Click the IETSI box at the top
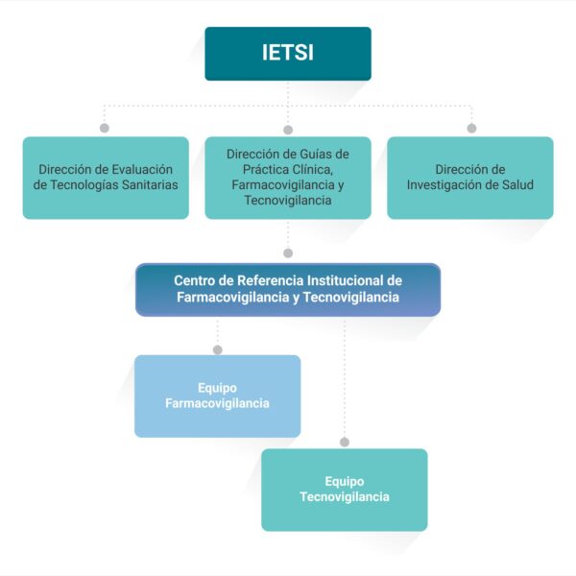click(288, 54)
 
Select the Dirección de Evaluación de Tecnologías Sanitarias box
click(106, 178)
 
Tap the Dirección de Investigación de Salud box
click(470, 178)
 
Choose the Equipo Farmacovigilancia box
click(218, 396)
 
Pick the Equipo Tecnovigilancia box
click(345, 490)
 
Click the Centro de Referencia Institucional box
click(288, 290)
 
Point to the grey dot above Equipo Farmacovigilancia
click(218, 349)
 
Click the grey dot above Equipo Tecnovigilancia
click(345, 443)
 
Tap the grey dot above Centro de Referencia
click(288, 253)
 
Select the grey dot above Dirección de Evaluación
click(105, 128)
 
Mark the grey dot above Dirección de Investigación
click(471, 129)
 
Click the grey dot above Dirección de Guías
click(288, 130)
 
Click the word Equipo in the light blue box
click(218, 389)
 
